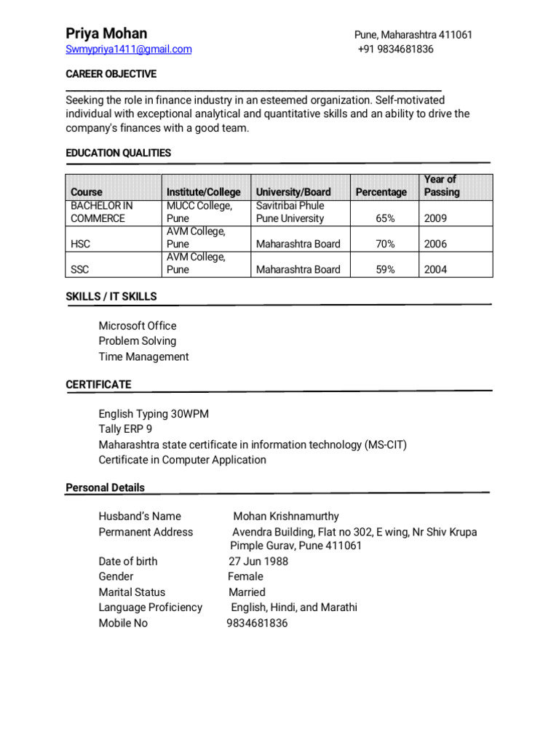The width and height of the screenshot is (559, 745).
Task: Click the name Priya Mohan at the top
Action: click(106, 33)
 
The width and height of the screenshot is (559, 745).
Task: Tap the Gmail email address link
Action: click(129, 49)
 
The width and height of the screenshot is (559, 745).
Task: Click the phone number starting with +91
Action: click(396, 49)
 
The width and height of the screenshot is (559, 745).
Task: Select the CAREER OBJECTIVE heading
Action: click(111, 74)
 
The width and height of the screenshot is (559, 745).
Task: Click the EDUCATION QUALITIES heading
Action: click(119, 153)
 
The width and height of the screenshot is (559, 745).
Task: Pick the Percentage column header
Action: click(381, 192)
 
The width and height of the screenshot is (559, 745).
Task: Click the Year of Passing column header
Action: click(441, 186)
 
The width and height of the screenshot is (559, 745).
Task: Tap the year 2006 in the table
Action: click(435, 244)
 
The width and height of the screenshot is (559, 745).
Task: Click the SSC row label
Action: click(79, 269)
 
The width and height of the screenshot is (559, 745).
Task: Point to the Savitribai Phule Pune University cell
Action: click(290, 212)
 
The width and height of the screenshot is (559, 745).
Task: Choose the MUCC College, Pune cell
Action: click(199, 212)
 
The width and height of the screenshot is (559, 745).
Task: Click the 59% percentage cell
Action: click(385, 269)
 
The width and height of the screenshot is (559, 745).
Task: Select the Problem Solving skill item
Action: click(138, 341)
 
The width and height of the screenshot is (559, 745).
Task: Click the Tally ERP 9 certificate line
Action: click(125, 429)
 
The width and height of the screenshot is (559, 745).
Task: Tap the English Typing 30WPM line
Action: click(154, 414)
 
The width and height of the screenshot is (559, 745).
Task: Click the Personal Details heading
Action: click(105, 487)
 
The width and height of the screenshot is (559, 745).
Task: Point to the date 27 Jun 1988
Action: click(258, 561)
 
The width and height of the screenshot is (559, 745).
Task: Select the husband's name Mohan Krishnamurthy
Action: click(285, 517)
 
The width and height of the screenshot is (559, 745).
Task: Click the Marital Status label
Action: click(132, 592)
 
